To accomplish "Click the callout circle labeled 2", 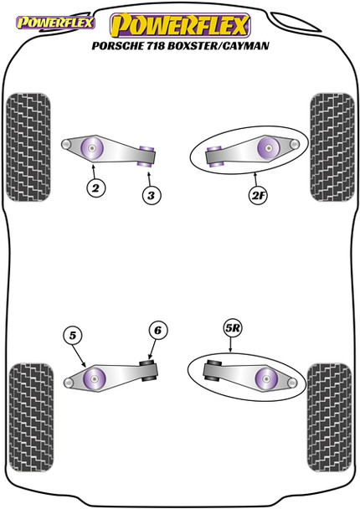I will pos(96,189).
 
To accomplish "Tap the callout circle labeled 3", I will pos(149,195).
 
